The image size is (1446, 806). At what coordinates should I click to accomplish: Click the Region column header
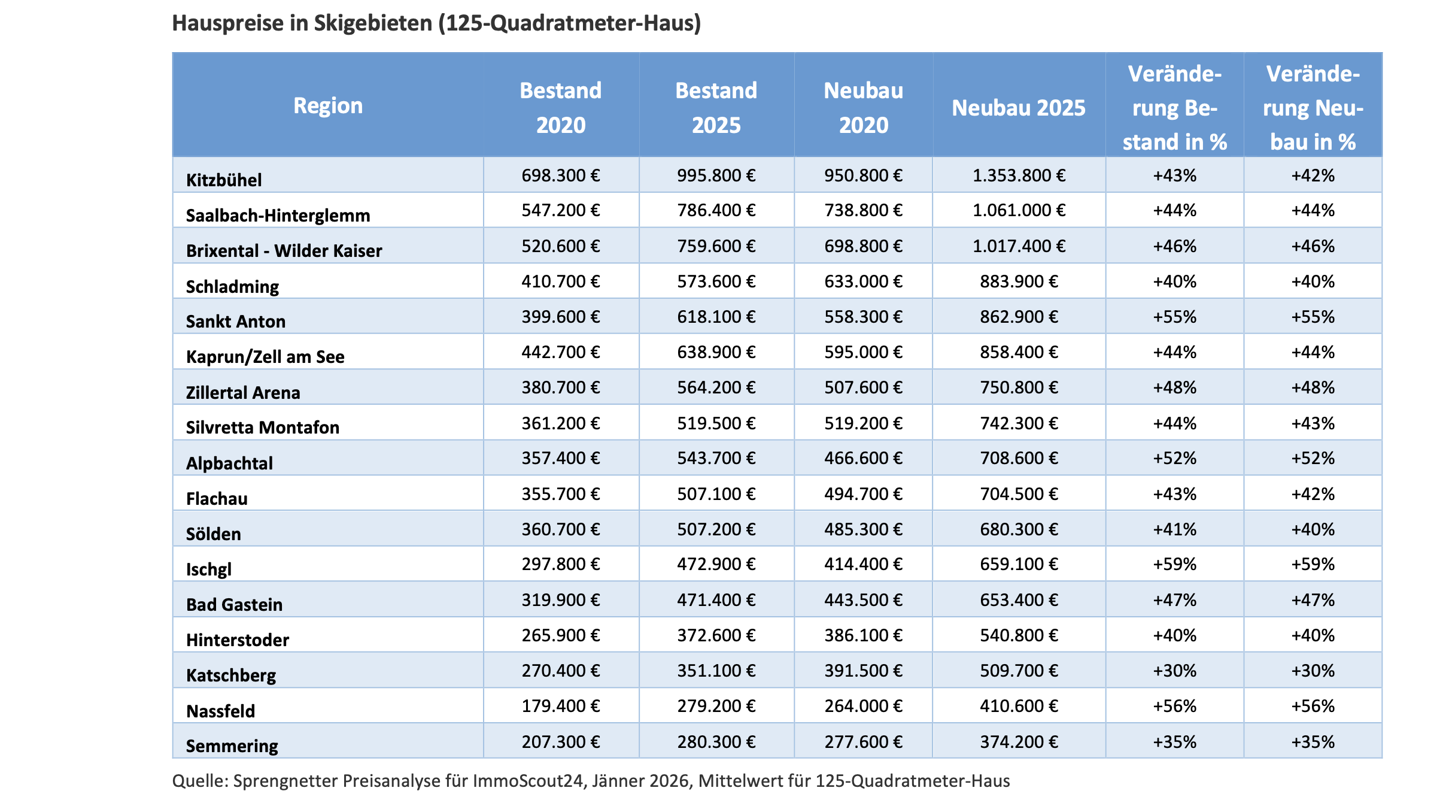click(328, 105)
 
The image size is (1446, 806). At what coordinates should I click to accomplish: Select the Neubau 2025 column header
click(1018, 108)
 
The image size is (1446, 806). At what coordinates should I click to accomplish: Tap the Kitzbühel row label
click(224, 180)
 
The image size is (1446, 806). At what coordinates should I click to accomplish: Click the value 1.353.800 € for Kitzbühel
click(1018, 175)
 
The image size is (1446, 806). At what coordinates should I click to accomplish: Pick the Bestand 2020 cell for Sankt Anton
click(560, 317)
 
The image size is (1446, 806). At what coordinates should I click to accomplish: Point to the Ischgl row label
click(208, 569)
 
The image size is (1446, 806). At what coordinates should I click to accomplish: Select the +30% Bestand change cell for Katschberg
click(1174, 671)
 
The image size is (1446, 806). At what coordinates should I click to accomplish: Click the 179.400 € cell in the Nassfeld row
click(560, 706)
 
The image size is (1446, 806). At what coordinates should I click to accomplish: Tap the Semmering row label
click(232, 746)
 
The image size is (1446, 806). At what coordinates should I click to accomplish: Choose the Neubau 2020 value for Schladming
click(863, 281)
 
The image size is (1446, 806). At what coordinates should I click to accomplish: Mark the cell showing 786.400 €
click(716, 210)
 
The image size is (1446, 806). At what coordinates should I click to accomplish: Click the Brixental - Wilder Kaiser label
click(284, 250)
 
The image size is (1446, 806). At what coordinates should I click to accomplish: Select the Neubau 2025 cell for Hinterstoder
click(1018, 635)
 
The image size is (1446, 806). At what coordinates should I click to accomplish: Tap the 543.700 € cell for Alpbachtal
click(716, 458)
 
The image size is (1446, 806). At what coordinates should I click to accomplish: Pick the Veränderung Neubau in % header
click(1313, 108)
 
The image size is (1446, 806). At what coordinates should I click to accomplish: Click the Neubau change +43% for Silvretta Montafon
click(1313, 423)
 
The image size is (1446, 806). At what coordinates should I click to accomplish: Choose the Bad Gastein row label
click(234, 604)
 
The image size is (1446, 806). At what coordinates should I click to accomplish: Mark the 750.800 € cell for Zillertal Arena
click(1018, 387)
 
